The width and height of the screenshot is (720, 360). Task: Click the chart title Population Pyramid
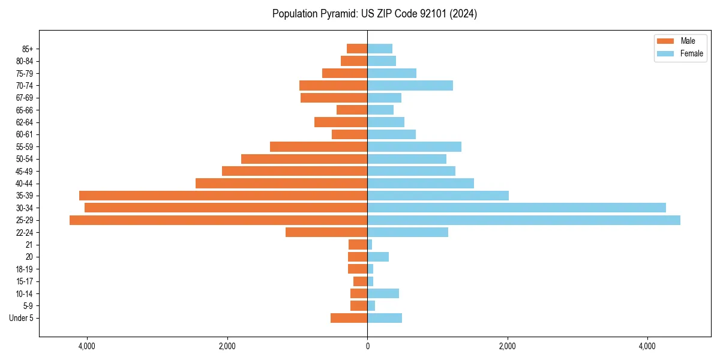click(374, 13)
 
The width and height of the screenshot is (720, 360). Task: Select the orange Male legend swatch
click(665, 41)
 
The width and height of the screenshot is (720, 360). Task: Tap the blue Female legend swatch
click(665, 53)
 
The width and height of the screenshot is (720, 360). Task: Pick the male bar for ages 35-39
click(223, 196)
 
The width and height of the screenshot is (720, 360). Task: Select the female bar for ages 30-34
click(516, 208)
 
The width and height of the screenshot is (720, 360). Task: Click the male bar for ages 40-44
click(281, 183)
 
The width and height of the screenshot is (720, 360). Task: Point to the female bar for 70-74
click(410, 85)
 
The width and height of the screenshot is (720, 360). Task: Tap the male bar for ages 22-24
click(326, 232)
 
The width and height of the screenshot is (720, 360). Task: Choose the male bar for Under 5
click(349, 318)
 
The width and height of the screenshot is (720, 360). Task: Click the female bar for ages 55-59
click(414, 146)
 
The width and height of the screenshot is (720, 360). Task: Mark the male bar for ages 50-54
click(304, 159)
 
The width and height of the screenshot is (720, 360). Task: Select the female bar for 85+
click(380, 49)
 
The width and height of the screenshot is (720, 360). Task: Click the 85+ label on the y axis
click(26, 49)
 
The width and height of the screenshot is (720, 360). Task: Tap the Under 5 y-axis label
click(22, 318)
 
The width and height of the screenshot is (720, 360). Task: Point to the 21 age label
click(29, 245)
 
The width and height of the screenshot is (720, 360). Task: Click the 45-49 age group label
click(25, 171)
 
